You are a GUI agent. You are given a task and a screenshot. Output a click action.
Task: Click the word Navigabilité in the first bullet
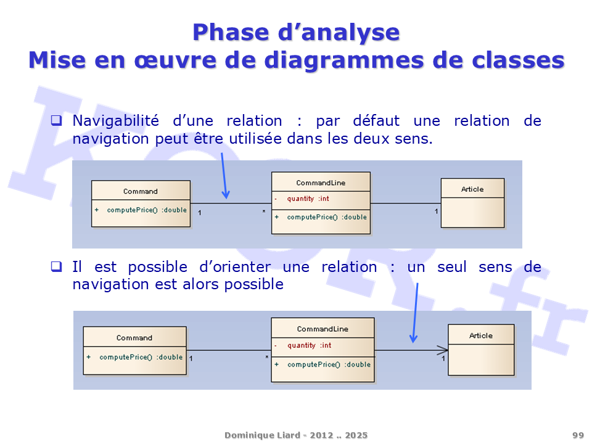(x=115, y=121)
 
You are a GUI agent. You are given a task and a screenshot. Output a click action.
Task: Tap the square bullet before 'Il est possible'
(x=56, y=266)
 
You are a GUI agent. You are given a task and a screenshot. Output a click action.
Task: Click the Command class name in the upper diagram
(x=141, y=191)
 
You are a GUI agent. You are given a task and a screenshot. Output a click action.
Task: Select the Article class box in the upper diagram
(x=473, y=203)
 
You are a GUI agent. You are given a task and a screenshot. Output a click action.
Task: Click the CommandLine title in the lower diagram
(x=323, y=329)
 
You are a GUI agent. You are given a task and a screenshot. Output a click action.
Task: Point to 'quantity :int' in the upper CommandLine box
(x=308, y=199)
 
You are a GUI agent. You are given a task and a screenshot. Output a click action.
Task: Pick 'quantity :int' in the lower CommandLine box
(x=309, y=345)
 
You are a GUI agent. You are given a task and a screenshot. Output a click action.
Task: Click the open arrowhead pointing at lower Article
(x=443, y=350)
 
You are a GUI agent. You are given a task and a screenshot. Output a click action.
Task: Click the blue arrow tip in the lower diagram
(x=413, y=340)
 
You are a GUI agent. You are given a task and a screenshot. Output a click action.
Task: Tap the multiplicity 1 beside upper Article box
(x=436, y=212)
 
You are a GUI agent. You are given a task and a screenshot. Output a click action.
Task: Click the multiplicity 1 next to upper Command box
(x=200, y=213)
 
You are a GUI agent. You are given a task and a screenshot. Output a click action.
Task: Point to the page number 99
(x=578, y=435)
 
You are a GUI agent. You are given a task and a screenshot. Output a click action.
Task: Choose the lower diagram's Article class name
(x=480, y=335)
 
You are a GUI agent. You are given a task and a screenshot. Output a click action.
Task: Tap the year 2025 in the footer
(x=356, y=435)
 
